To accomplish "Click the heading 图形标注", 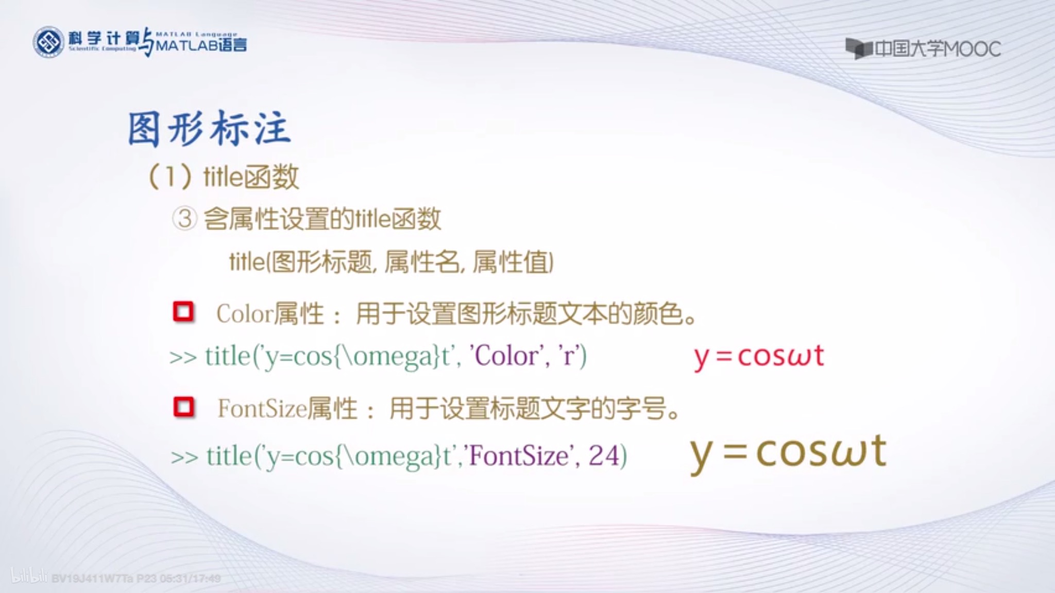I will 209,129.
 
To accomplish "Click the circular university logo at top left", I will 48,42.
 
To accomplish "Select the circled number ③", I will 184,219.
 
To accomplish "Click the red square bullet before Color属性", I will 183,312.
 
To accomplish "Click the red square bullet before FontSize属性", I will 184,407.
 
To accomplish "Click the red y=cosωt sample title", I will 758,356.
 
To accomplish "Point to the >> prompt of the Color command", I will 183,357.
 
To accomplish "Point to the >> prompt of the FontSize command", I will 184,457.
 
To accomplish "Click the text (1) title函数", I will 224,177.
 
